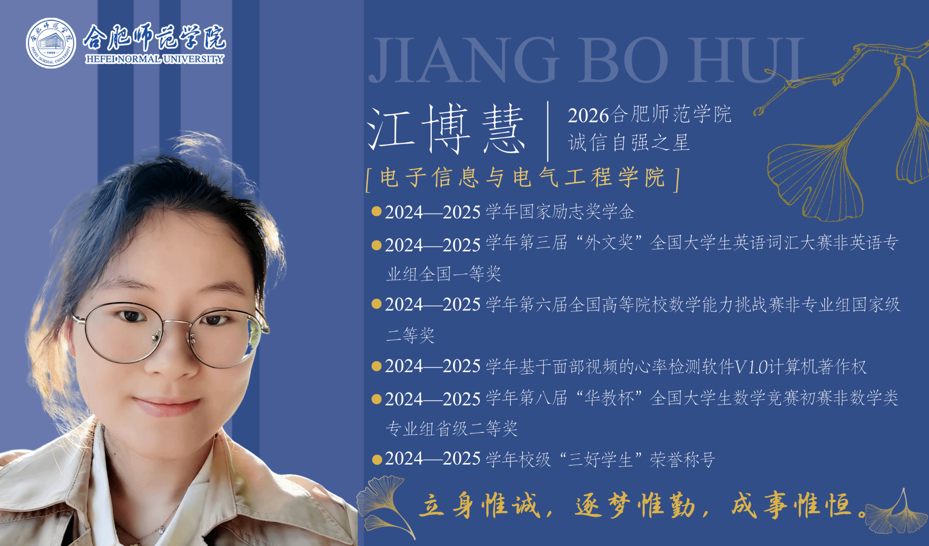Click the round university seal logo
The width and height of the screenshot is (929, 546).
(x=51, y=43)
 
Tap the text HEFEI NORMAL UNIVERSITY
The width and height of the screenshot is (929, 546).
(x=155, y=59)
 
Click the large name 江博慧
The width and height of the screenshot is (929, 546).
(x=446, y=129)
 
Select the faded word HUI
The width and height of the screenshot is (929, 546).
(x=747, y=61)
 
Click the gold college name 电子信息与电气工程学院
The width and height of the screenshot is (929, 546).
(x=523, y=177)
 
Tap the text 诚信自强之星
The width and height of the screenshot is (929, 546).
(x=629, y=142)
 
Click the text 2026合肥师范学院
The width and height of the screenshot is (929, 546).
(x=650, y=114)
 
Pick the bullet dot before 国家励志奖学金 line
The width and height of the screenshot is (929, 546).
(x=376, y=211)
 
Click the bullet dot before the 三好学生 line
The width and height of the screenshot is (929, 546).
(x=376, y=460)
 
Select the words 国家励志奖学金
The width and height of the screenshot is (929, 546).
(x=576, y=212)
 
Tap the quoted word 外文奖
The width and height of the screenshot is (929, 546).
(x=609, y=243)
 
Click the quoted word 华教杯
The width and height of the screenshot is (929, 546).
(x=609, y=398)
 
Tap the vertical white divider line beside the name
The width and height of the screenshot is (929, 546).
(x=548, y=131)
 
